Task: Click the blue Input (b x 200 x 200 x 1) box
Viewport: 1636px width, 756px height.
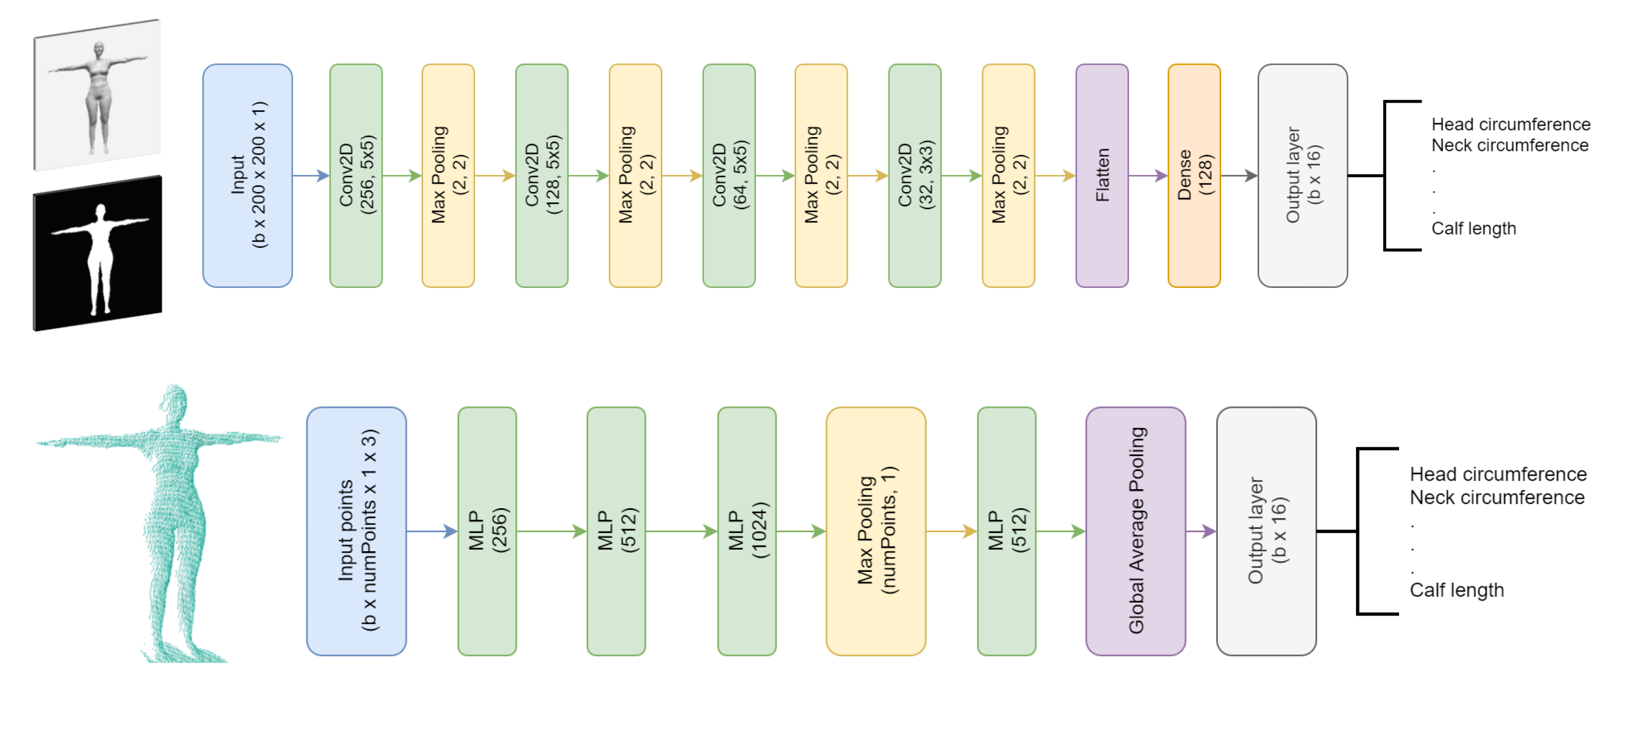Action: (247, 176)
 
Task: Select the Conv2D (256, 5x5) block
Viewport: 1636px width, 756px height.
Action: (356, 176)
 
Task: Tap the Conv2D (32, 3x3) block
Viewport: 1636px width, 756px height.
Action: (914, 176)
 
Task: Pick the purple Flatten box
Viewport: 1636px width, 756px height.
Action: (1102, 176)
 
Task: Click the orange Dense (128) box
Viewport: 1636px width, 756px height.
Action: (1194, 176)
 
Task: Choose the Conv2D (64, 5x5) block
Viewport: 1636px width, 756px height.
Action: (729, 176)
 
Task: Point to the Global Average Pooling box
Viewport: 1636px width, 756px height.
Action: (1136, 531)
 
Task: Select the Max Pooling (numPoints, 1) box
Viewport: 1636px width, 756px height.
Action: (876, 531)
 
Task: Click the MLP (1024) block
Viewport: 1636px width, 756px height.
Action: (747, 531)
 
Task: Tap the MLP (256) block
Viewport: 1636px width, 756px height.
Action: (487, 531)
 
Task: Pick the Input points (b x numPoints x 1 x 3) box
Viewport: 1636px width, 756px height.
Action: (356, 531)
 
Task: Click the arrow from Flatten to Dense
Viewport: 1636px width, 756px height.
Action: (1148, 176)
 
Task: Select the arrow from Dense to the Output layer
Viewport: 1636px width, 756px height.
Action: (1238, 176)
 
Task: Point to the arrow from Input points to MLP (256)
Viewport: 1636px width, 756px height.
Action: (432, 531)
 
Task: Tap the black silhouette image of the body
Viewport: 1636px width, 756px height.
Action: (99, 254)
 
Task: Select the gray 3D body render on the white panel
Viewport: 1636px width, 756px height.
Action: (99, 95)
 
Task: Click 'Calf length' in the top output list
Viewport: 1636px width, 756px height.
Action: (1474, 229)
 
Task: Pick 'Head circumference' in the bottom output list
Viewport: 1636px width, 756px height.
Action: (1498, 474)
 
